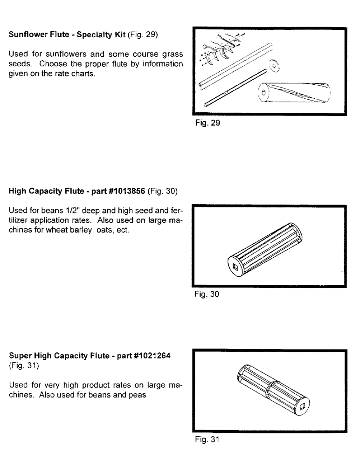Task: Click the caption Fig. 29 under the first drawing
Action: (x=205, y=124)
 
